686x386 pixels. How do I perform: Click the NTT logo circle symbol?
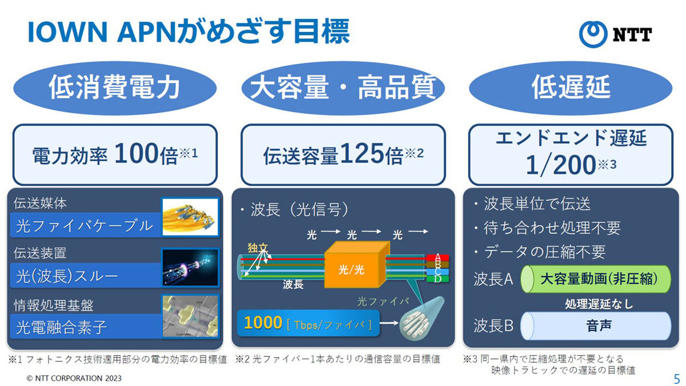[x=593, y=34]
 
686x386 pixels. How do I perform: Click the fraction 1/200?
[x=561, y=165]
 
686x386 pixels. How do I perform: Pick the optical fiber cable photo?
[x=190, y=217]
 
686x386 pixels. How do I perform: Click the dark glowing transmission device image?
[x=190, y=268]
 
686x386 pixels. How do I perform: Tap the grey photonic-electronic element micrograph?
[x=190, y=316]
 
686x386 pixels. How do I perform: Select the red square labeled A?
[x=438, y=257]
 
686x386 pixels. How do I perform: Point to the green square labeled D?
[x=438, y=279]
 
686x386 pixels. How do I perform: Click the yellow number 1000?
[x=263, y=323]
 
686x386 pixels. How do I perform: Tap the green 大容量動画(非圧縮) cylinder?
[x=596, y=279]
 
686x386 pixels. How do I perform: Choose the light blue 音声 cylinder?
[x=596, y=325]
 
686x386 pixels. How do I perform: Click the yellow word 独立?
[x=258, y=248]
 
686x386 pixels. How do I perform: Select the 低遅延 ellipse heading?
[x=571, y=88]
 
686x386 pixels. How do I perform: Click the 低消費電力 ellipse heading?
[x=115, y=88]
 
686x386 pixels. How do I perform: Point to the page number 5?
[x=677, y=379]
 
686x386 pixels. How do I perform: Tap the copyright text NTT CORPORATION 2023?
[x=74, y=379]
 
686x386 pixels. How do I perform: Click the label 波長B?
[x=493, y=325]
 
